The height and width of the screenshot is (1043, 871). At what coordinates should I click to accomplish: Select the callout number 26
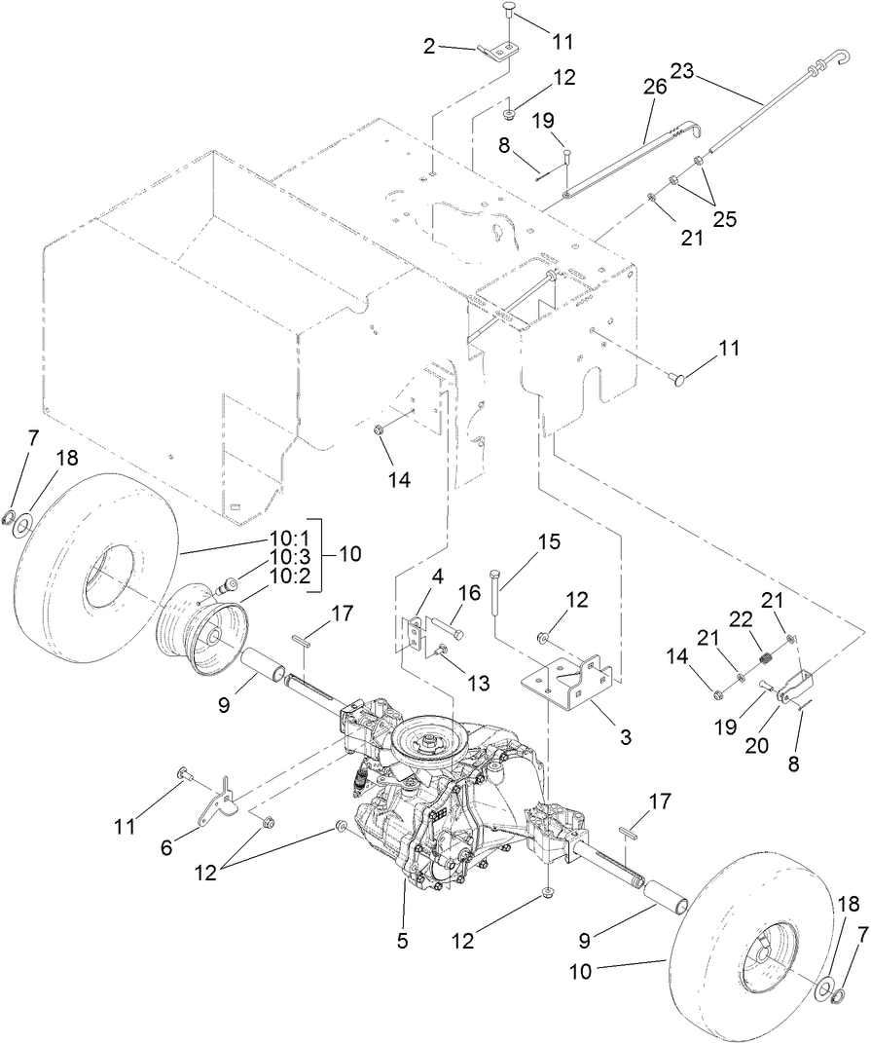pyautogui.click(x=653, y=87)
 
